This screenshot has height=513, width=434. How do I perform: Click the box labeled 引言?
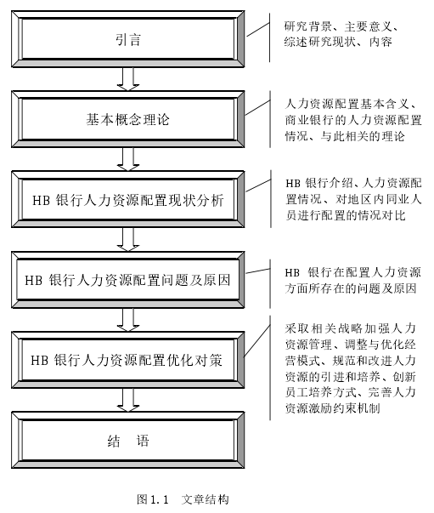tap(127, 39)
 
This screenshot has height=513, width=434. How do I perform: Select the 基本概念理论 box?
tap(127, 119)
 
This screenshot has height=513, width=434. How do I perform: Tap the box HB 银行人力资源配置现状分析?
tap(127, 199)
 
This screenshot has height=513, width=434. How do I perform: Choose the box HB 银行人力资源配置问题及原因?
tap(127, 280)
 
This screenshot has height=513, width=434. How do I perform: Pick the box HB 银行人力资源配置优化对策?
tap(127, 360)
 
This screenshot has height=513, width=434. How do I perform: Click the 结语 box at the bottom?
tap(127, 441)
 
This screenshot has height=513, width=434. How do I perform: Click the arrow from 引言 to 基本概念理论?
tap(128, 79)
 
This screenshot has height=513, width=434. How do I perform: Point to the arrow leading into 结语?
tap(128, 400)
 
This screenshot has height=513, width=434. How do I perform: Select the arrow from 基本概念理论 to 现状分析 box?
tap(128, 159)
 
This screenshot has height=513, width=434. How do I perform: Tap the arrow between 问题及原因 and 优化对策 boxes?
tap(128, 320)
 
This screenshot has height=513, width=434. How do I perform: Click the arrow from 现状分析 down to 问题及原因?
tap(128, 240)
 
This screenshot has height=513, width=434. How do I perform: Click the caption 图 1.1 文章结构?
tap(183, 499)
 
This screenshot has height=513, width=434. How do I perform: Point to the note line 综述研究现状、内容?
tap(338, 42)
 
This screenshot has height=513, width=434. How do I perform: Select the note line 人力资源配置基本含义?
tap(351, 104)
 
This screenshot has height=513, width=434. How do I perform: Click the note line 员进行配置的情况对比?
tap(346, 215)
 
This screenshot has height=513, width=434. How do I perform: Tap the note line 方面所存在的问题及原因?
tap(351, 288)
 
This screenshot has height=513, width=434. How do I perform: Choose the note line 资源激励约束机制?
tap(332, 408)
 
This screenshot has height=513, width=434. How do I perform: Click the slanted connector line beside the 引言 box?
tap(258, 30)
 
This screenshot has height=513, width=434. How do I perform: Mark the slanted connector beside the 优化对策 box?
tap(257, 340)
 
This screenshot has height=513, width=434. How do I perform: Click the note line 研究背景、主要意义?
tap(341, 26)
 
